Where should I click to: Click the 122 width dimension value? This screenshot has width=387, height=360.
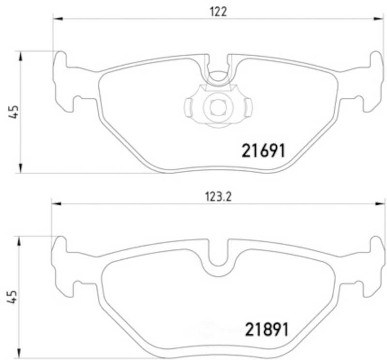pos(218,12)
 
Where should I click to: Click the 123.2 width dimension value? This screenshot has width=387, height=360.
pos(219,197)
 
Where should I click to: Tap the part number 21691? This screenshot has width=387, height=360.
pos(264,151)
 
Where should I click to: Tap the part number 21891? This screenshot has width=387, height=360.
pos(267,330)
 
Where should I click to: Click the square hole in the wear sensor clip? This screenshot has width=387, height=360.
pos(218,107)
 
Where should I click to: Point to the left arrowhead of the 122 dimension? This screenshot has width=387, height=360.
pos(58,18)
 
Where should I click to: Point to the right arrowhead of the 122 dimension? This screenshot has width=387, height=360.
pos(378,18)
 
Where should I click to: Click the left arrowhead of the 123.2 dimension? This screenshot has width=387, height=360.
pos(56,203)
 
